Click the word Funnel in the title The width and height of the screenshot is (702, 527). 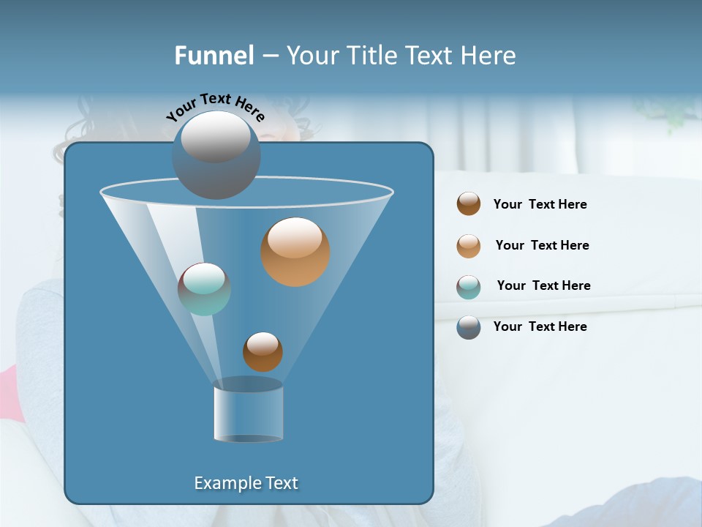(x=214, y=56)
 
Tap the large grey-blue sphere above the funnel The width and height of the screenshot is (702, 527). (x=216, y=154)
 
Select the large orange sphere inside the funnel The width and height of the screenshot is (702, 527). (x=295, y=252)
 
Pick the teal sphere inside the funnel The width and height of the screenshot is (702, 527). (x=204, y=289)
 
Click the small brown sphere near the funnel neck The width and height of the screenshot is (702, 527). (x=263, y=351)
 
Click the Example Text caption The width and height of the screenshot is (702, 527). (x=246, y=483)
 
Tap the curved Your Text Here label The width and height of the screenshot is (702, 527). (x=216, y=107)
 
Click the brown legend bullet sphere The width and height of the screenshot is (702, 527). (x=469, y=203)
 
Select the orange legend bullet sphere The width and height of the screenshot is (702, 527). (x=469, y=245)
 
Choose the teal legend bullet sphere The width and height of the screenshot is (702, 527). (x=469, y=287)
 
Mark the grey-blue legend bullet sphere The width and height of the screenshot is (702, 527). (x=469, y=327)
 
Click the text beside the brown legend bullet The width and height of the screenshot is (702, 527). (x=540, y=204)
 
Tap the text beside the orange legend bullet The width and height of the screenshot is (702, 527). (x=542, y=245)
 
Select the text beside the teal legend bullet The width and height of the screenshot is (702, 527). (x=543, y=285)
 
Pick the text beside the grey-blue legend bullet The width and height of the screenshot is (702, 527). (x=540, y=326)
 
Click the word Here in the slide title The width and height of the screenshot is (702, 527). (x=489, y=56)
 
